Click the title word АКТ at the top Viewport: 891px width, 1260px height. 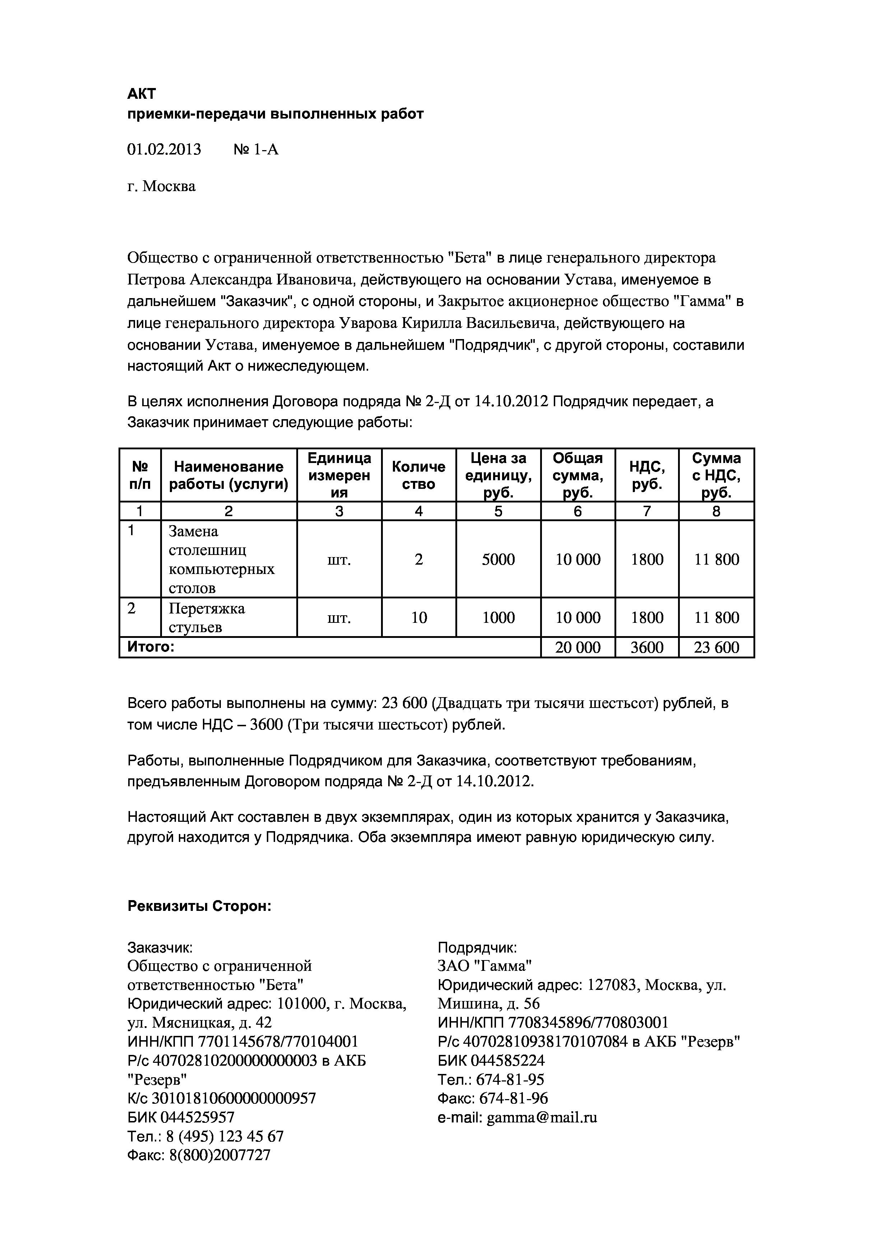click(141, 94)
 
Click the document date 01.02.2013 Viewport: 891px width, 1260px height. click(164, 149)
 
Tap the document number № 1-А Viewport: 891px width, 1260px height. click(256, 149)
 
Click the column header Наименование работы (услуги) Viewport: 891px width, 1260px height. click(228, 475)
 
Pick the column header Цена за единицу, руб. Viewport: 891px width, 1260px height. click(498, 475)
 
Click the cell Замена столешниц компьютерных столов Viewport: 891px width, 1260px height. click(221, 559)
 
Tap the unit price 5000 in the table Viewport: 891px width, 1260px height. click(498, 559)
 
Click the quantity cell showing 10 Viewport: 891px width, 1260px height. click(419, 617)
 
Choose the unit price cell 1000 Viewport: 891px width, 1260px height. click(498, 617)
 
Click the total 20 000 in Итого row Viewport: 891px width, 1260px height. click(578, 648)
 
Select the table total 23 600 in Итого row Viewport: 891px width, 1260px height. click(716, 648)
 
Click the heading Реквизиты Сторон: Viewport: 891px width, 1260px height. click(199, 906)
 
